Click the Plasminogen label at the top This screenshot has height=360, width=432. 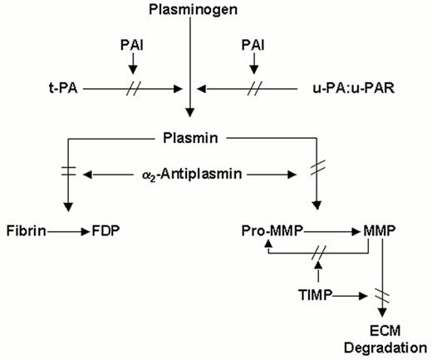(192, 10)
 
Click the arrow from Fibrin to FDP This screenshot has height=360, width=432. (64, 225)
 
